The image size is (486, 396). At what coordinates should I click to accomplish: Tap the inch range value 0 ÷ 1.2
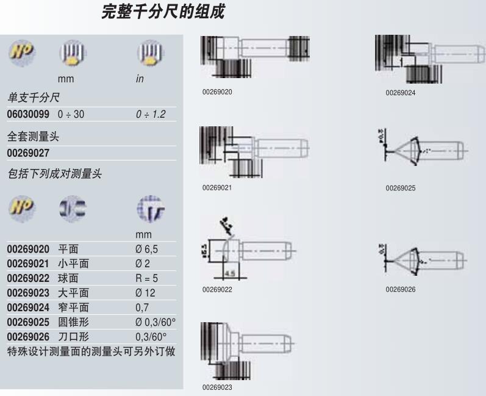tap(150, 114)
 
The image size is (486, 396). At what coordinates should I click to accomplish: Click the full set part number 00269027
tap(28, 153)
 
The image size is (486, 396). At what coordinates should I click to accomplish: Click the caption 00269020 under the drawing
tap(217, 92)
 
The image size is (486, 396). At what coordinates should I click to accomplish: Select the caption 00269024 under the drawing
tap(400, 93)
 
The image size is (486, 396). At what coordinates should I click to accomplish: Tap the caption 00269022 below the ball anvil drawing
tap(217, 289)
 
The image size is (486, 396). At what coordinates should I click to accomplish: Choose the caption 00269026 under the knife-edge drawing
tap(400, 289)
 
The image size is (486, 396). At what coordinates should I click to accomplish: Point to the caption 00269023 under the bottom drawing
tap(217, 387)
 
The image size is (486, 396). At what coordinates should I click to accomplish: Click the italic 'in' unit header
tap(140, 79)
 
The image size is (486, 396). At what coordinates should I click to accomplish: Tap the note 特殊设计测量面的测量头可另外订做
tap(91, 351)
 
